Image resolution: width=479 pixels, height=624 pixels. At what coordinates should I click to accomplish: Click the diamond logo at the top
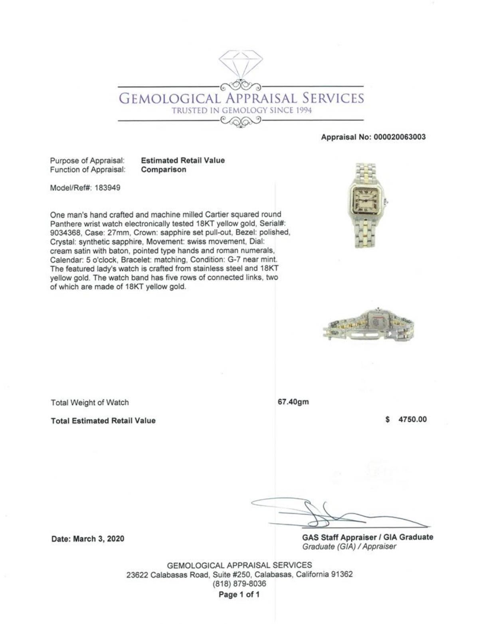point(241,64)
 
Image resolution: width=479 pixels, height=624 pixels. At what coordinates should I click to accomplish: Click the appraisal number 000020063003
point(400,137)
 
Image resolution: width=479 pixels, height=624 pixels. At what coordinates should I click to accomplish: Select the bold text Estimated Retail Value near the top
point(183,160)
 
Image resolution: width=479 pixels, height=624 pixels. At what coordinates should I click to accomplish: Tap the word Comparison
point(164,170)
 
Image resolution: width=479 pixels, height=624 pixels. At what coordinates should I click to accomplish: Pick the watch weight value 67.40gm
point(293,402)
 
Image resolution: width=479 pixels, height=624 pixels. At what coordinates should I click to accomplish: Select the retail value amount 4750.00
point(413,420)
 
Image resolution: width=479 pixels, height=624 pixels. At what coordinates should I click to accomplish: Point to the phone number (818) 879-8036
point(239,584)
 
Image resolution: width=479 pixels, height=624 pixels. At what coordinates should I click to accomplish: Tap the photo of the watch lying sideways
point(368,326)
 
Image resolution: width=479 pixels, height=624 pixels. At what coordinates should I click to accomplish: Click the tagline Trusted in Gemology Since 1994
point(241,111)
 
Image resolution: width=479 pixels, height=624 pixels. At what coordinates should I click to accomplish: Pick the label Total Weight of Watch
point(90,403)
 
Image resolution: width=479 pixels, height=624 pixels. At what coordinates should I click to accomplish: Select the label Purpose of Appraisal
point(87,160)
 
